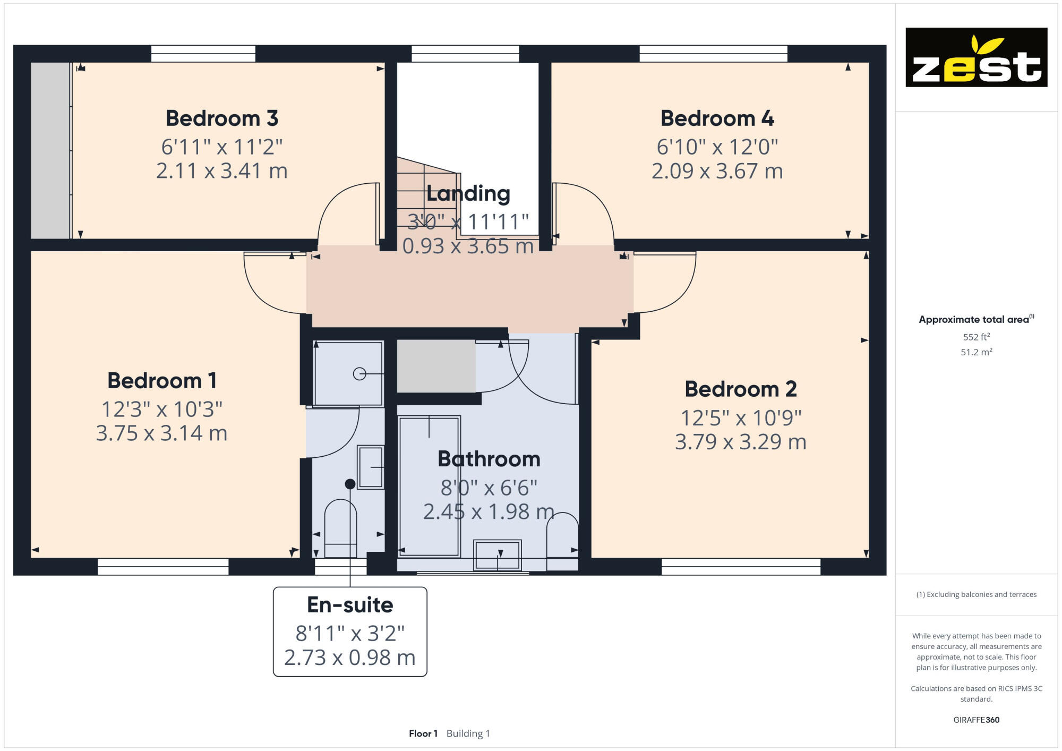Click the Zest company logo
976,57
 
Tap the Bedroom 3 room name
222,118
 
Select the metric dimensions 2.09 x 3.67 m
717,171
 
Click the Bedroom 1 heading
162,380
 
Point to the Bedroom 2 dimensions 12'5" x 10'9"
741,418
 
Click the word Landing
468,193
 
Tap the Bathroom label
489,459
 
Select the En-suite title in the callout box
350,604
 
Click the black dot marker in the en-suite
350,484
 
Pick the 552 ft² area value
976,337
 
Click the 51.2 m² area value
976,352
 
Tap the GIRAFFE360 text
976,720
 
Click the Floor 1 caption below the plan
423,733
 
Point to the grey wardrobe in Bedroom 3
50,150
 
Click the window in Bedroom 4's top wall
713,54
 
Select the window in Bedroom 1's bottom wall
163,567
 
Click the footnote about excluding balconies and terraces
976,594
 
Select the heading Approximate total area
973,319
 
